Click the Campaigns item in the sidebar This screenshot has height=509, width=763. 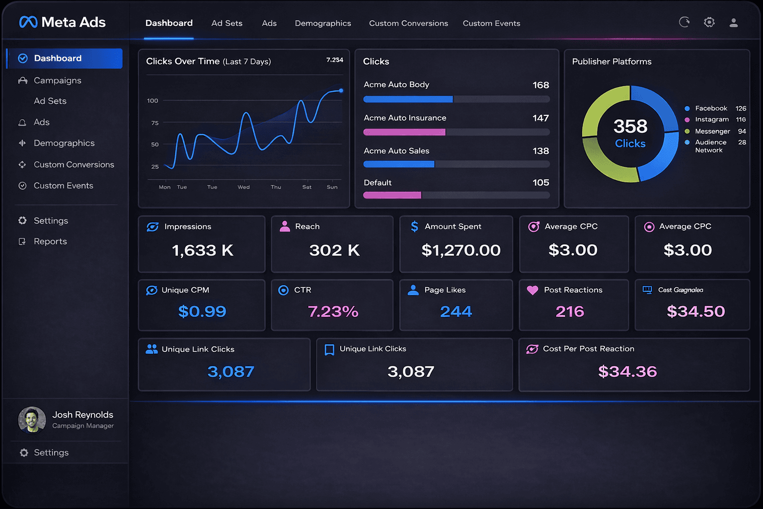pyautogui.click(x=57, y=81)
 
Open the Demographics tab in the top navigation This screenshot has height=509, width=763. pyautogui.click(x=323, y=23)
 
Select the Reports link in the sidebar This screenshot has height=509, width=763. pyautogui.click(x=50, y=242)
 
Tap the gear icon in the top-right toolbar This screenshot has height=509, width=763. pyautogui.click(x=709, y=22)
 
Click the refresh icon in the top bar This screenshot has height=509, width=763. pyautogui.click(x=684, y=22)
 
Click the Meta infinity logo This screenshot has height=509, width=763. pyautogui.click(x=28, y=22)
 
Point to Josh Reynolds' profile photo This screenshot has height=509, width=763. pyautogui.click(x=32, y=420)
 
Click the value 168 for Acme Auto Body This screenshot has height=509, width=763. pyautogui.click(x=540, y=85)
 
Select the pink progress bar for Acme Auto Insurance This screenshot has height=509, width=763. pyautogui.click(x=404, y=132)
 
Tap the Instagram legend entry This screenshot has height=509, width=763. pyautogui.click(x=711, y=120)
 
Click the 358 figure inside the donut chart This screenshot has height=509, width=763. pyautogui.click(x=630, y=127)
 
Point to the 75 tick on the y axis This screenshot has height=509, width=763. pyautogui.click(x=155, y=123)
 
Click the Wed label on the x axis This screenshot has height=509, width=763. pyautogui.click(x=243, y=187)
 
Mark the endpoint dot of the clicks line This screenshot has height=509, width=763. pyautogui.click(x=341, y=90)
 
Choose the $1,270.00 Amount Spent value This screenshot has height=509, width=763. pyautogui.click(x=460, y=251)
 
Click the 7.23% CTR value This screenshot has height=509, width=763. pyautogui.click(x=333, y=312)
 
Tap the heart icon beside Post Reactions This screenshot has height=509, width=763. pyautogui.click(x=533, y=290)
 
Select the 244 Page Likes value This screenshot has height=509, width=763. pyautogui.click(x=456, y=312)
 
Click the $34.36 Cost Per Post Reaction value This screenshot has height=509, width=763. pyautogui.click(x=627, y=371)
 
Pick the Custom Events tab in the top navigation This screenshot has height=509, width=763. pyautogui.click(x=491, y=23)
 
